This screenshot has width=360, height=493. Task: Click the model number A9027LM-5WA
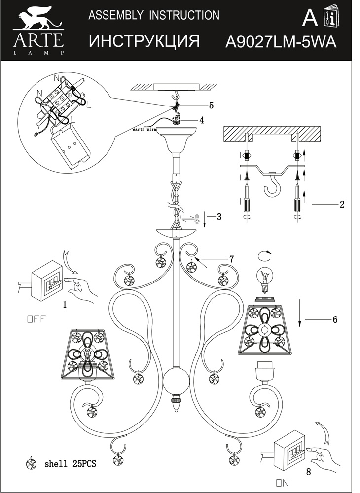point(280,42)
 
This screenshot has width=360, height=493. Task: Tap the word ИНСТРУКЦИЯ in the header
point(144,41)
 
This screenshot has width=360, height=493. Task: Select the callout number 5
point(211,105)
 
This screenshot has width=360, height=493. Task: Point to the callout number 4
point(202,120)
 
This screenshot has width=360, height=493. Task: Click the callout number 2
point(341,204)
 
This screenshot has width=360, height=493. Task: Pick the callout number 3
point(219,216)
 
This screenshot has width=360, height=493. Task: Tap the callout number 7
point(231,258)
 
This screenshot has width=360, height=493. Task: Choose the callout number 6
point(334,319)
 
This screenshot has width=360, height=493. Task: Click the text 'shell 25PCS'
point(70,464)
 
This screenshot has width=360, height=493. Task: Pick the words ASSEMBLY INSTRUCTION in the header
point(153,15)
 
